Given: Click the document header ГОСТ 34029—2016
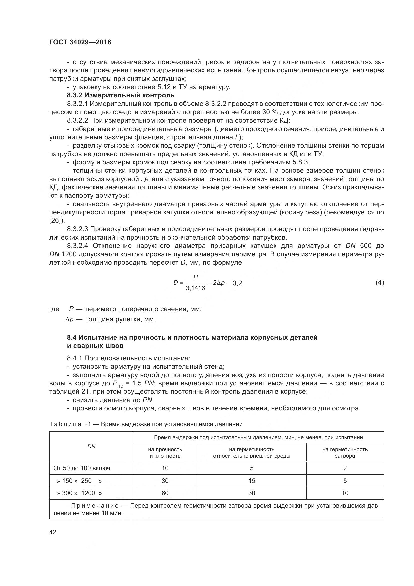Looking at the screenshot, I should (x=80, y=42).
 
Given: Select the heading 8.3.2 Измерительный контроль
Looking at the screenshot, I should (x=121, y=95).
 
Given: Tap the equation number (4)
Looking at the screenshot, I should (x=380, y=283).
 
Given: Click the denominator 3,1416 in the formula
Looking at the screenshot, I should (x=195, y=288).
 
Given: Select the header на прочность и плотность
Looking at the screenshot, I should (x=165, y=452).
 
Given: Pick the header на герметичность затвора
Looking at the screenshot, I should (x=345, y=452).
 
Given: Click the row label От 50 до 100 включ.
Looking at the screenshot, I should (x=83, y=468).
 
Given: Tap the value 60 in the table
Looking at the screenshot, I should (x=165, y=493).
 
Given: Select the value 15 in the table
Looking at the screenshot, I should (x=251, y=481).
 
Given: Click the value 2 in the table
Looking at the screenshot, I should (x=345, y=468).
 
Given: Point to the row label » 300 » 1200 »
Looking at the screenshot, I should (x=80, y=493).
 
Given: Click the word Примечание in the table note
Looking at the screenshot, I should (x=95, y=506).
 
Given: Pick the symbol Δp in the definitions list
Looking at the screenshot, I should (x=69, y=319).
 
